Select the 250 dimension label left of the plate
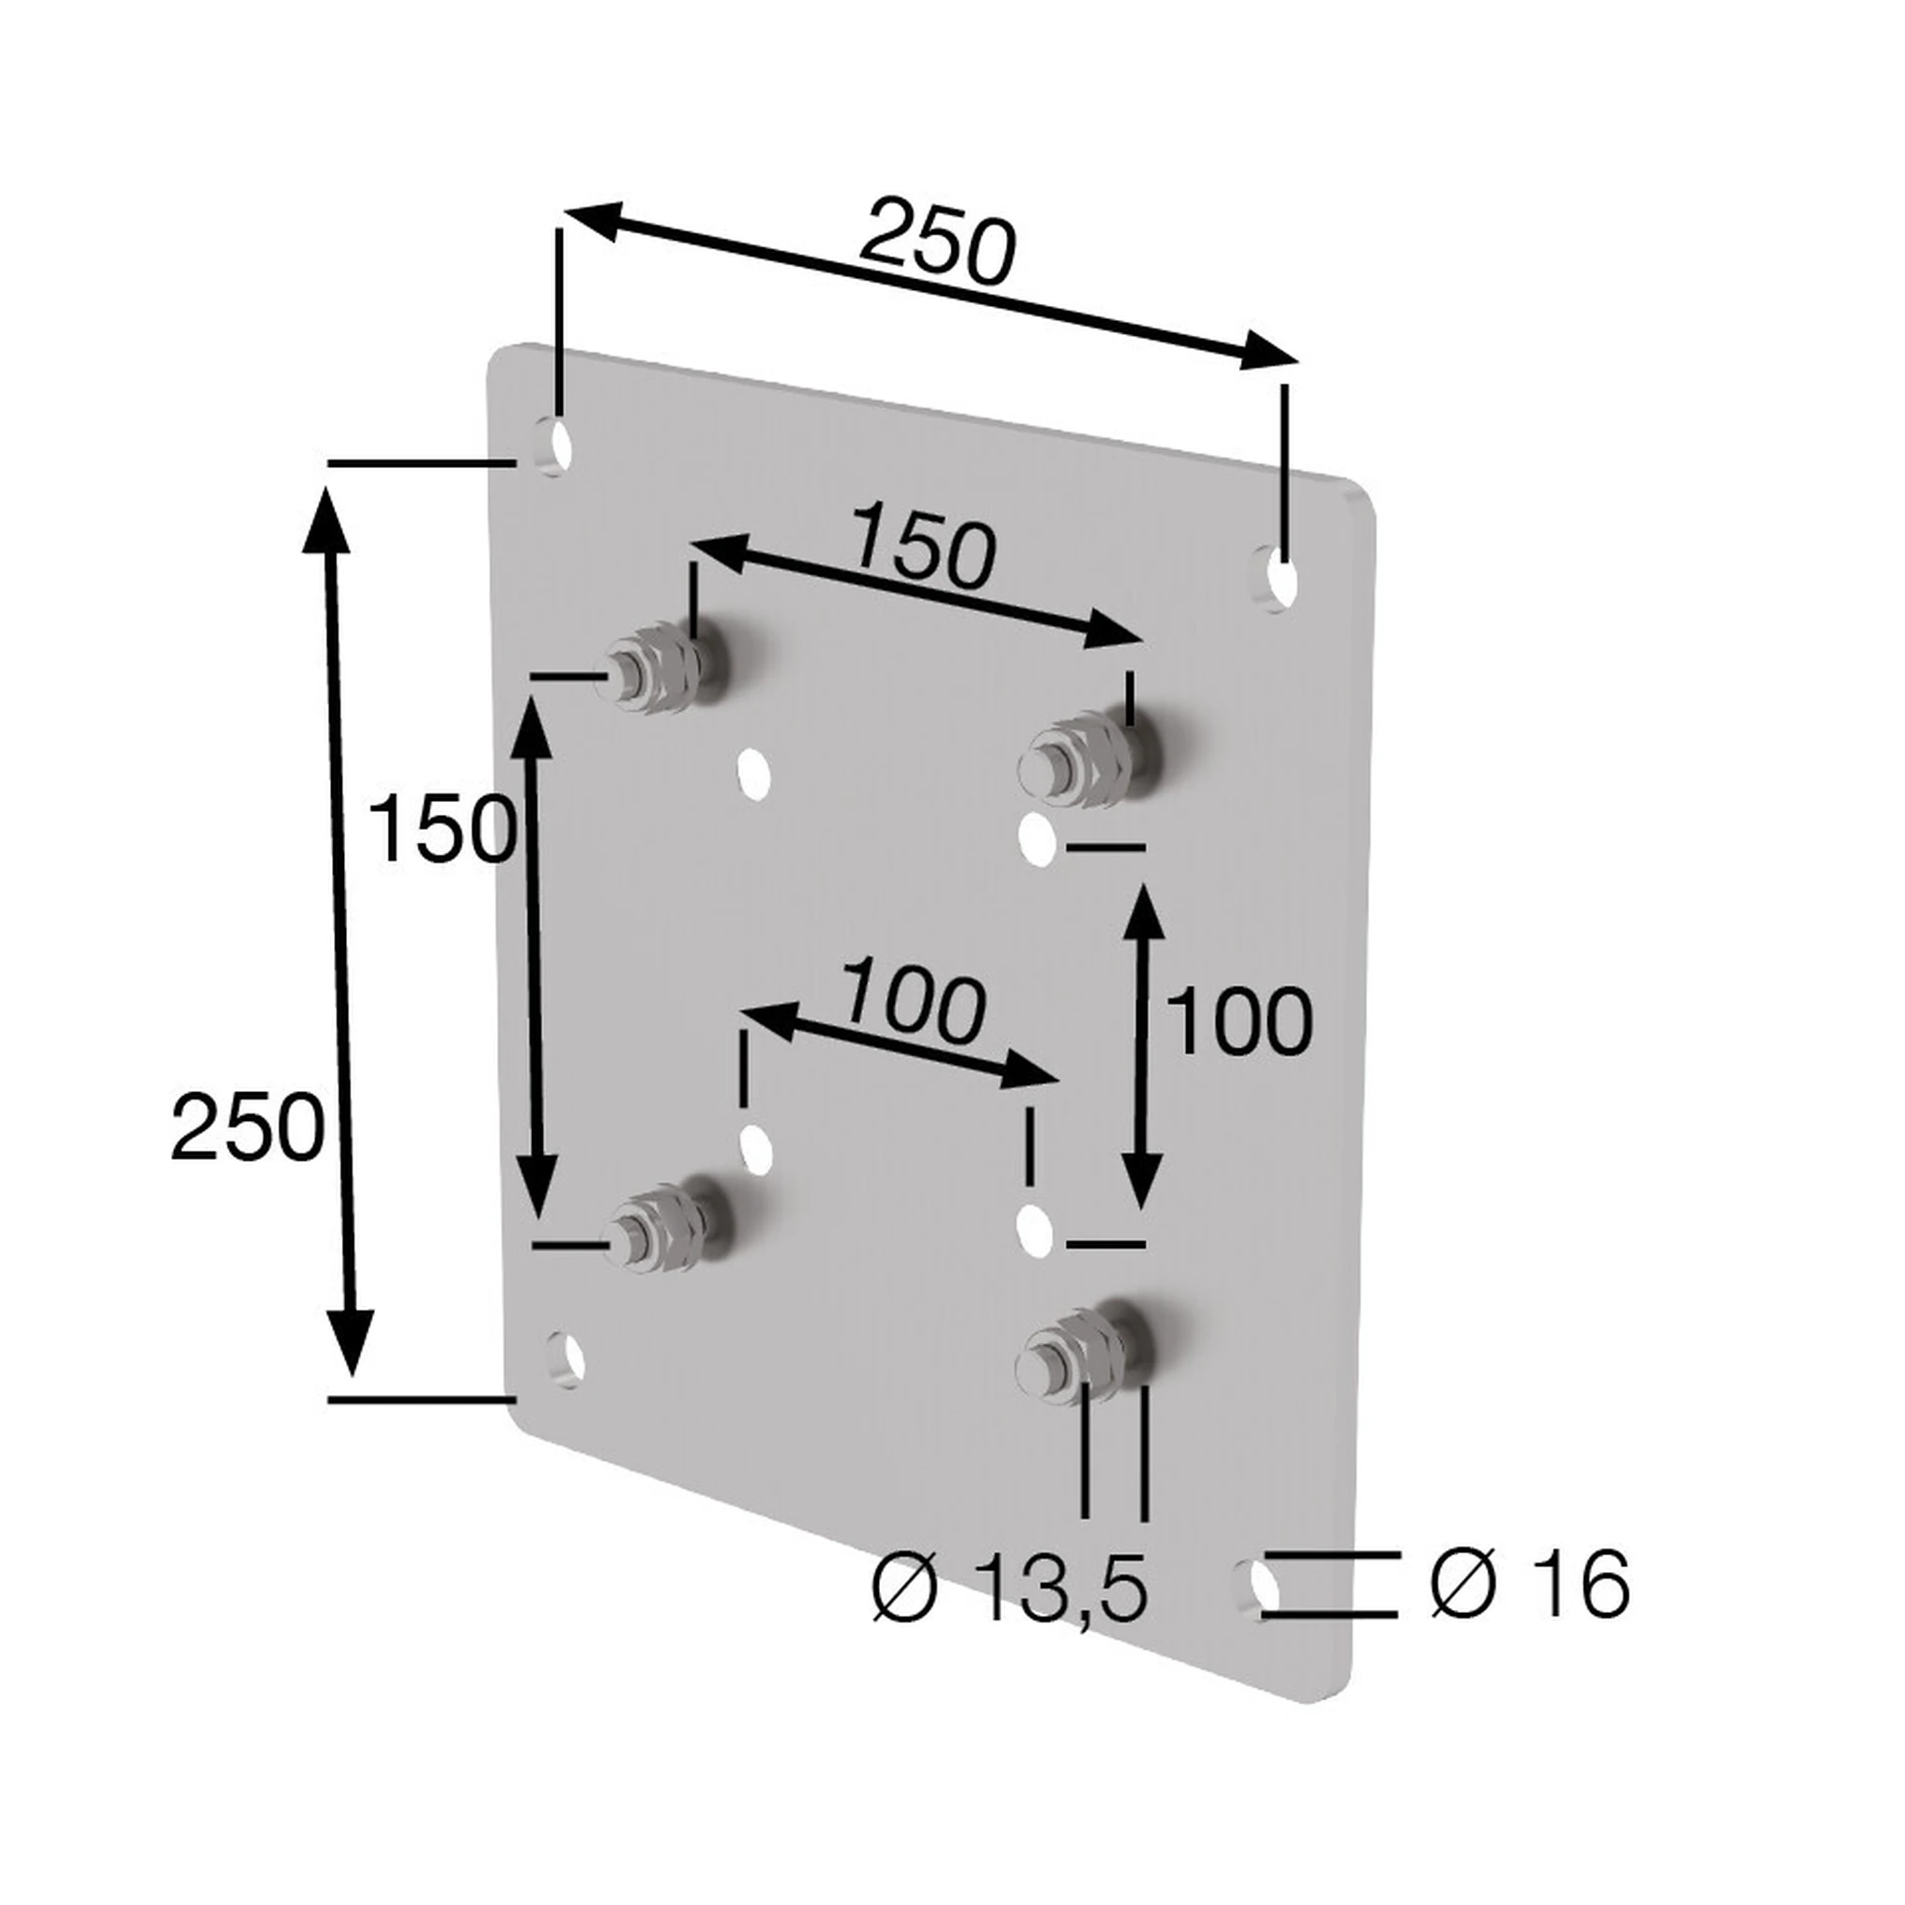[246, 1127]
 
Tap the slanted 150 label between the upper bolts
[921, 548]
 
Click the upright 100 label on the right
[1238, 1021]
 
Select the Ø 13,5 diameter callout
[1011, 1588]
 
